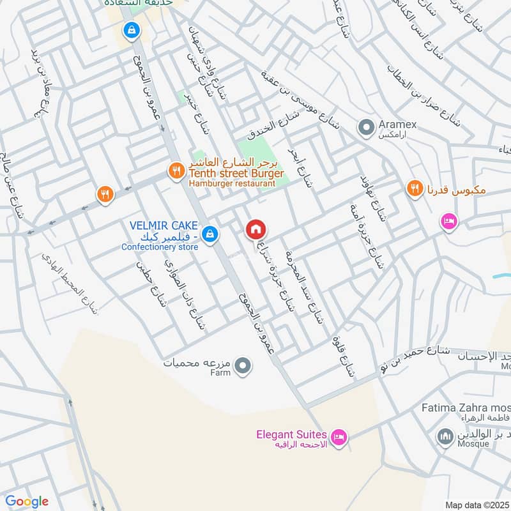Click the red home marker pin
[x=256, y=229]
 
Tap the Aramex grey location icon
[x=366, y=128]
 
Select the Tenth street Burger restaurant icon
[x=175, y=171]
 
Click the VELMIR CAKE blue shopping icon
[x=210, y=236]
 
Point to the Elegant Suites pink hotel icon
[x=340, y=438]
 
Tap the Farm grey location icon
[x=243, y=366]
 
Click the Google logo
[x=27, y=501]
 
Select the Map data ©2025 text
[x=476, y=505]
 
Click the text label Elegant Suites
[x=291, y=434]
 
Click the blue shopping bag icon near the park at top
[x=131, y=29]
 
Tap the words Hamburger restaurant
[x=231, y=184]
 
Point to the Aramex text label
[x=397, y=126]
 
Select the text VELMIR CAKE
[x=164, y=226]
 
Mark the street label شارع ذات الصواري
[x=186, y=294]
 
